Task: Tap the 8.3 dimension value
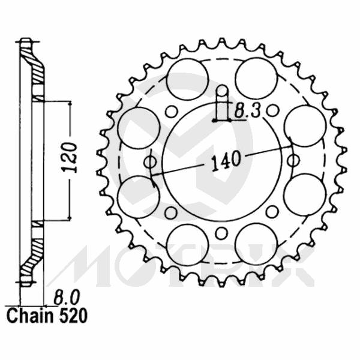(247, 110)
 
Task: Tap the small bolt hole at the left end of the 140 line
(151, 162)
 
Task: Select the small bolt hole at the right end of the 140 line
(293, 160)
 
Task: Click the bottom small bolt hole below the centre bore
(221, 232)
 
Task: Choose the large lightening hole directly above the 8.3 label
(256, 79)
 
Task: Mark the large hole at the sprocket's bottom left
(187, 244)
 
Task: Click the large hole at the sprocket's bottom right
(256, 244)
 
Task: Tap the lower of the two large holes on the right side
(304, 194)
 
